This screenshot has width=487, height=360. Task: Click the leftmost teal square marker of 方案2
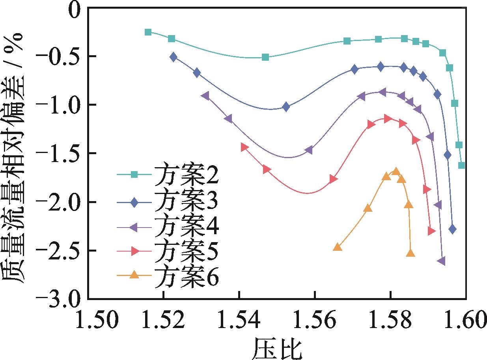tap(148, 32)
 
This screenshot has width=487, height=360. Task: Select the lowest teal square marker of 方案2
tap(461, 165)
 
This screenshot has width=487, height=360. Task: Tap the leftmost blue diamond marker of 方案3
tap(174, 57)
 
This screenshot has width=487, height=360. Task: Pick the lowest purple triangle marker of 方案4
tap(442, 261)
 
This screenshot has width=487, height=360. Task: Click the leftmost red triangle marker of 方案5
tap(244, 147)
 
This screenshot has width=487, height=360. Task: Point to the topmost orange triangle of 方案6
tap(396, 171)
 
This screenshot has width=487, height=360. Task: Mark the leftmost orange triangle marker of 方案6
tap(337, 247)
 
